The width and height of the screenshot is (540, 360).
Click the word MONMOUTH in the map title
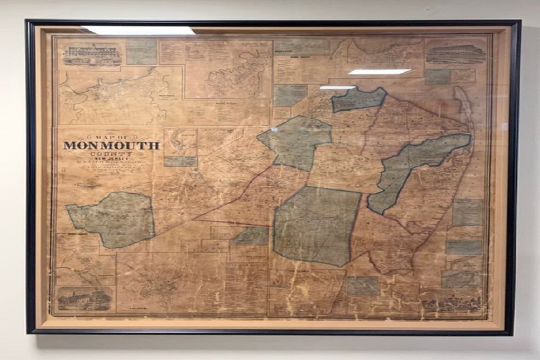(111, 145)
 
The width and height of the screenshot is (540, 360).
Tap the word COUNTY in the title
(111, 153)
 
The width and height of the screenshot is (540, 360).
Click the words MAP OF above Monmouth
(111, 137)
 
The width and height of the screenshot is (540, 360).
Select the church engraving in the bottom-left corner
(84, 298)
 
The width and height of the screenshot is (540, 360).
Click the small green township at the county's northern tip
(358, 99)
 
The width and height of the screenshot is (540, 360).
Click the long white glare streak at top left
(139, 31)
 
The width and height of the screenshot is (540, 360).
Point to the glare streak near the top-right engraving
(379, 71)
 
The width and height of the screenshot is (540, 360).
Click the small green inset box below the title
(181, 161)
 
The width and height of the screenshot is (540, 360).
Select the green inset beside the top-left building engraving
(141, 52)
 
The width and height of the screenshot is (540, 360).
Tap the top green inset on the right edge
(467, 212)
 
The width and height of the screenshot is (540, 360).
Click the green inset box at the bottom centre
(362, 285)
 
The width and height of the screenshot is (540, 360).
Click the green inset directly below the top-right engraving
(437, 77)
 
